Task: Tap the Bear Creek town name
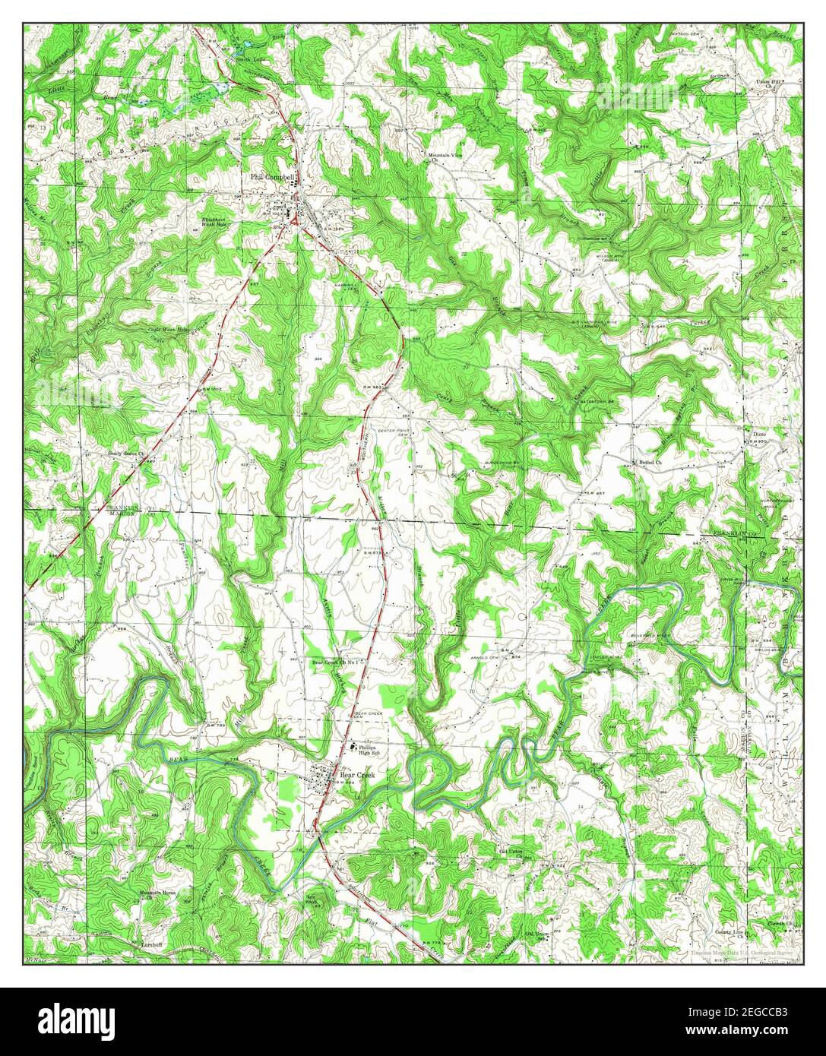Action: click(358, 775)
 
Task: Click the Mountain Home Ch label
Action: click(157, 894)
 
